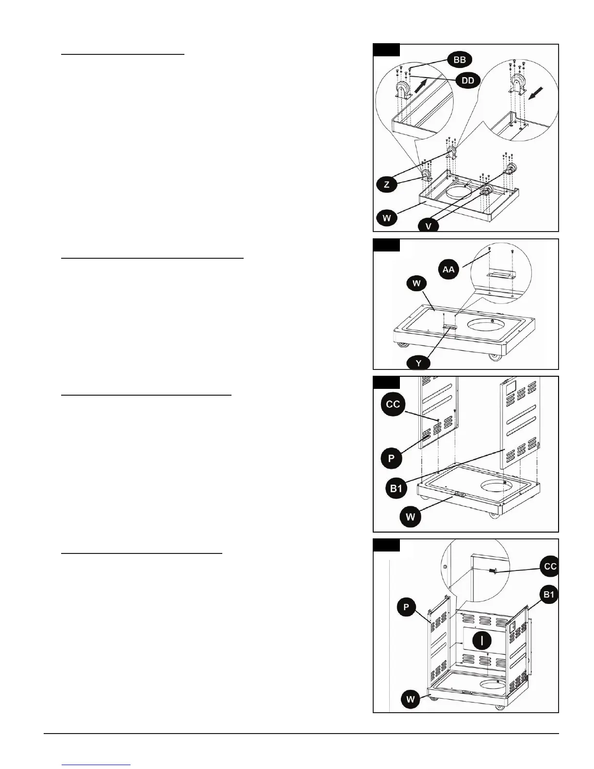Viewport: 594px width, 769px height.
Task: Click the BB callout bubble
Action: [x=459, y=60]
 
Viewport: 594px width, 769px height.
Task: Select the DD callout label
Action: [x=467, y=81]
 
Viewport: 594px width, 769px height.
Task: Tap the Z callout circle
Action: [x=386, y=184]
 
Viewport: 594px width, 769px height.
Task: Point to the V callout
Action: [x=428, y=225]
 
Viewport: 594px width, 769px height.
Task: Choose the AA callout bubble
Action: [x=448, y=268]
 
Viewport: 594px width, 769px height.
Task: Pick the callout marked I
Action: [x=481, y=641]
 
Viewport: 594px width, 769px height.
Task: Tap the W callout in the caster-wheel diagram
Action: [x=387, y=217]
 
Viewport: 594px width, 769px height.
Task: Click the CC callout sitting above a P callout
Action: [x=393, y=404]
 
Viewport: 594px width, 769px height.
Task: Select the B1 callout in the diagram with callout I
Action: [x=549, y=595]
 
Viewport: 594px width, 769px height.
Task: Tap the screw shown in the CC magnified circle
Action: [x=493, y=571]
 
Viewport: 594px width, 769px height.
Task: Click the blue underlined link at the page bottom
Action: [x=96, y=764]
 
